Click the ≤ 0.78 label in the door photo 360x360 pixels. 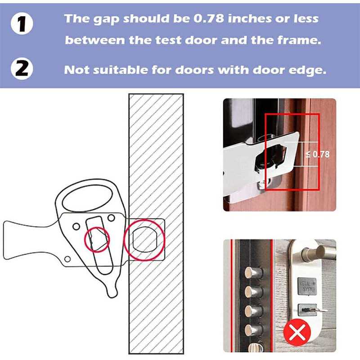(318, 154)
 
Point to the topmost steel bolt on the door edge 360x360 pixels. (250, 272)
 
